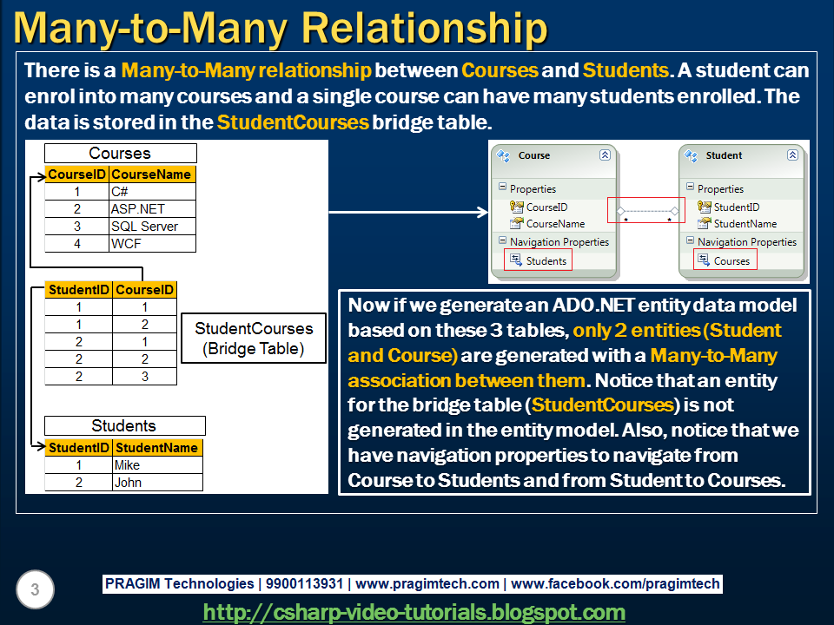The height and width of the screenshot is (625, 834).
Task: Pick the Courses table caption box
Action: (121, 154)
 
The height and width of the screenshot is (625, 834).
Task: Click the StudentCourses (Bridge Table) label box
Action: (254, 339)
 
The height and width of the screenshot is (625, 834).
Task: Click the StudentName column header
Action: (157, 448)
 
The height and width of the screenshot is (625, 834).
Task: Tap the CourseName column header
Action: (152, 174)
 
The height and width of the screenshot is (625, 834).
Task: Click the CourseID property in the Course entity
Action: (546, 207)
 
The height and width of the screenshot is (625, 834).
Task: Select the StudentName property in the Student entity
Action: (745, 224)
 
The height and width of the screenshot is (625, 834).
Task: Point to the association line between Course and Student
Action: (647, 211)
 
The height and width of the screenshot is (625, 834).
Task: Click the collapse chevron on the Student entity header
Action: (792, 155)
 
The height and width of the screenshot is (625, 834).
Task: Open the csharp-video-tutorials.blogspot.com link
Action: (414, 612)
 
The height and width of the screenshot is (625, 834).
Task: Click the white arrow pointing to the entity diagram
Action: (408, 212)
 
